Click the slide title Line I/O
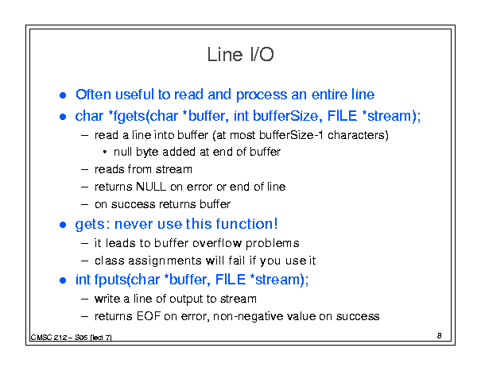(240, 55)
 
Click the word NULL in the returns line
(150, 187)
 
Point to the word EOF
(149, 316)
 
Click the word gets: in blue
(93, 225)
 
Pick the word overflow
(217, 243)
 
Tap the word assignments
(165, 261)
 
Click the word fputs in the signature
(111, 280)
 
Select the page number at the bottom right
(440, 336)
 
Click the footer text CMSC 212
(48, 338)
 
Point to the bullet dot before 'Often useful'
(63, 95)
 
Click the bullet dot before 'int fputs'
(63, 280)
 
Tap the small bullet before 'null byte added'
(105, 152)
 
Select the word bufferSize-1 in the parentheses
(292, 135)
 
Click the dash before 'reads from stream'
(84, 169)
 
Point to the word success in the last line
(358, 316)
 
